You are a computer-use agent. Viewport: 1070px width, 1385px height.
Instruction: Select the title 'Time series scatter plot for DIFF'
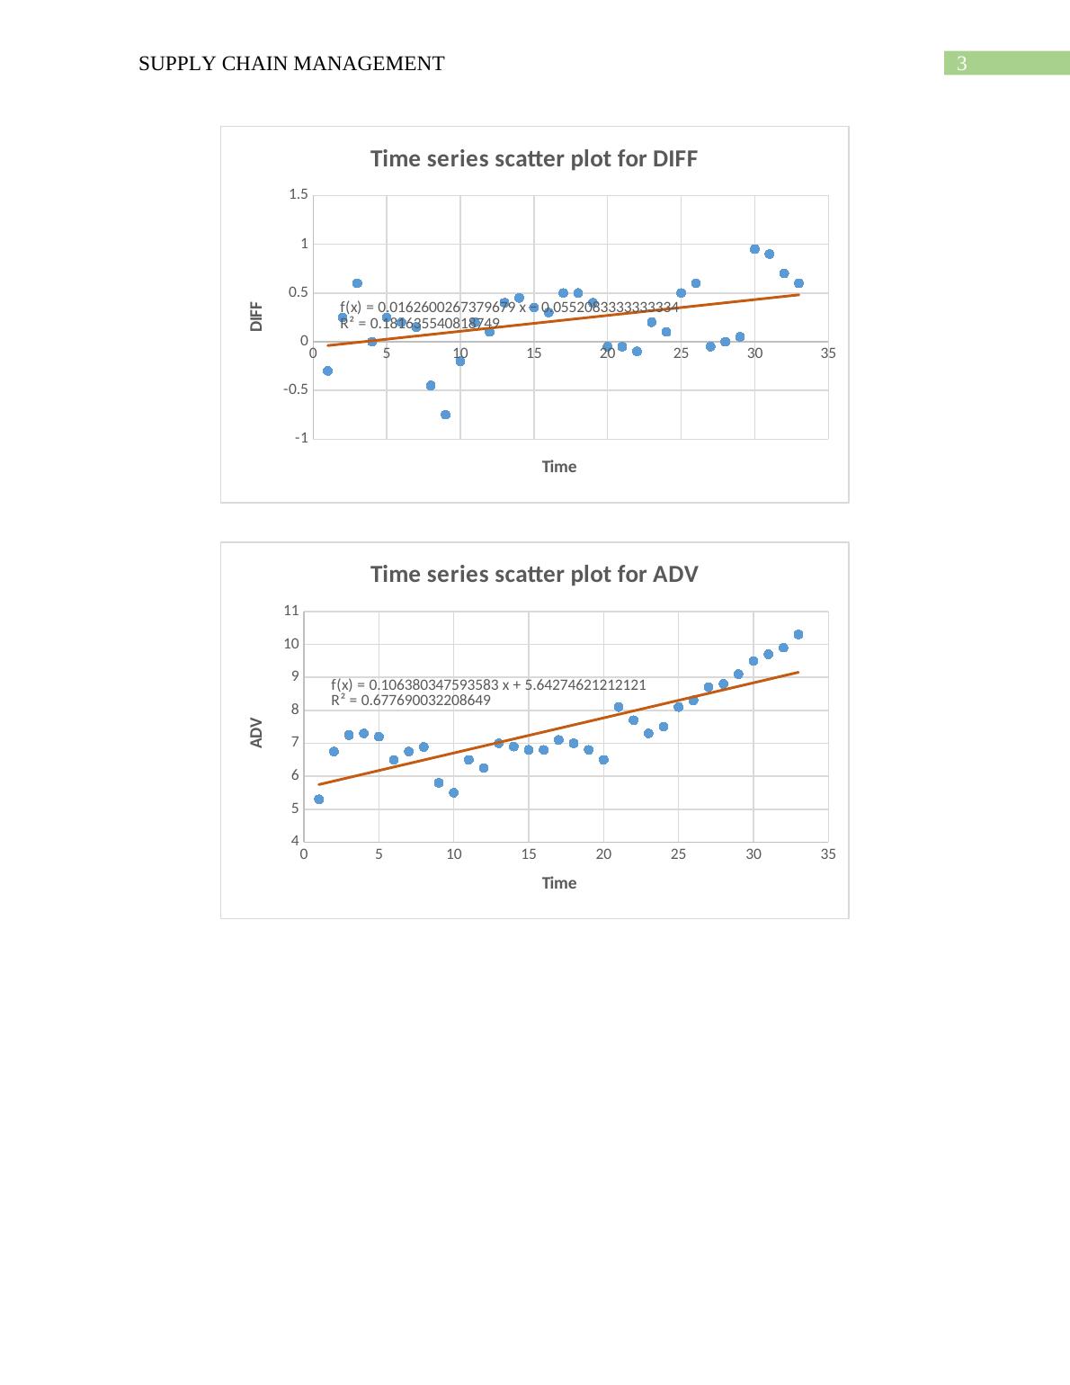[x=534, y=159]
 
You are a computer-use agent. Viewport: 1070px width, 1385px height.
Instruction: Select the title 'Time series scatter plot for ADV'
[x=534, y=575]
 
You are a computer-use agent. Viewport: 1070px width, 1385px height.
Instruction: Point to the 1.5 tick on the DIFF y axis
[x=299, y=195]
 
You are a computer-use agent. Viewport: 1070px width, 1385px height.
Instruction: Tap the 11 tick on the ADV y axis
[x=290, y=611]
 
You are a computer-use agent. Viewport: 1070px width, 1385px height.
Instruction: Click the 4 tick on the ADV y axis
[x=293, y=842]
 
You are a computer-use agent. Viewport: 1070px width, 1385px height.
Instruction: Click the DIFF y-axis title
[x=257, y=317]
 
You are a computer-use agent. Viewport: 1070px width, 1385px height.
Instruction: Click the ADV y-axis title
[x=257, y=732]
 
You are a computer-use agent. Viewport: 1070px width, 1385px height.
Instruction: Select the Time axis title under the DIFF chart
[x=558, y=467]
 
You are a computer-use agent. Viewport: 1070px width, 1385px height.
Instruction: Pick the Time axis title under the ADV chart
[x=558, y=883]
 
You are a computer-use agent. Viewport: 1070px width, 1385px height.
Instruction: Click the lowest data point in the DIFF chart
[x=445, y=415]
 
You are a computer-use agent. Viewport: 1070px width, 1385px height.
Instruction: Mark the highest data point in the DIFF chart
[x=754, y=249]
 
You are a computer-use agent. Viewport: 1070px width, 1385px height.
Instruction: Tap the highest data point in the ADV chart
[x=798, y=634]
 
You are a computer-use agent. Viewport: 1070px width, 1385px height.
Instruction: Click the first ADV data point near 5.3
[x=318, y=799]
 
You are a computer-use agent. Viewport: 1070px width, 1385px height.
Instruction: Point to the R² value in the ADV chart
[x=411, y=701]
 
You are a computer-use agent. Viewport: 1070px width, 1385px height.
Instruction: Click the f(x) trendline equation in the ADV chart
[x=488, y=684]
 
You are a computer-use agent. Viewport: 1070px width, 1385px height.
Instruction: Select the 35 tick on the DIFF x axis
[x=828, y=353]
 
